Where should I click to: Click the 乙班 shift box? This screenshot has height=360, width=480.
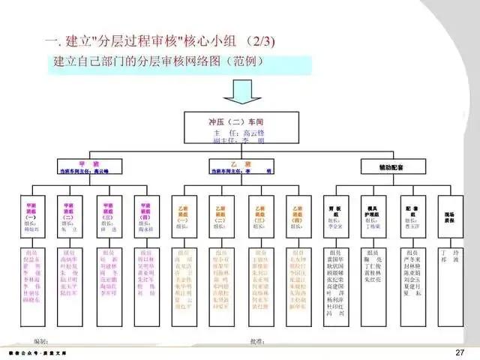(241, 166)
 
